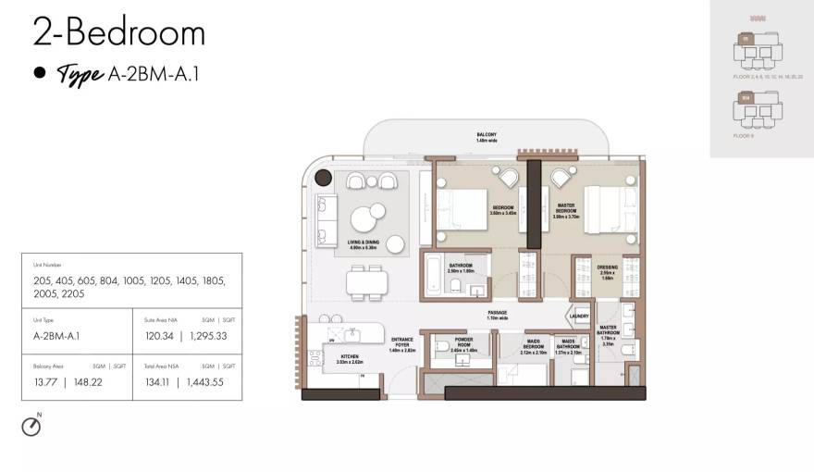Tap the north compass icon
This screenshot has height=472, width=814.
tap(31, 426)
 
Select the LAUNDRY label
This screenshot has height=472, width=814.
tap(579, 316)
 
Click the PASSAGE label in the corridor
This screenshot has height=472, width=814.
tap(498, 315)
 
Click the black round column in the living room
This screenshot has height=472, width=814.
tap(324, 178)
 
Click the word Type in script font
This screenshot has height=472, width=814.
tap(80, 75)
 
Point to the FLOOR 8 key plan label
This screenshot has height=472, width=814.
tap(743, 135)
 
